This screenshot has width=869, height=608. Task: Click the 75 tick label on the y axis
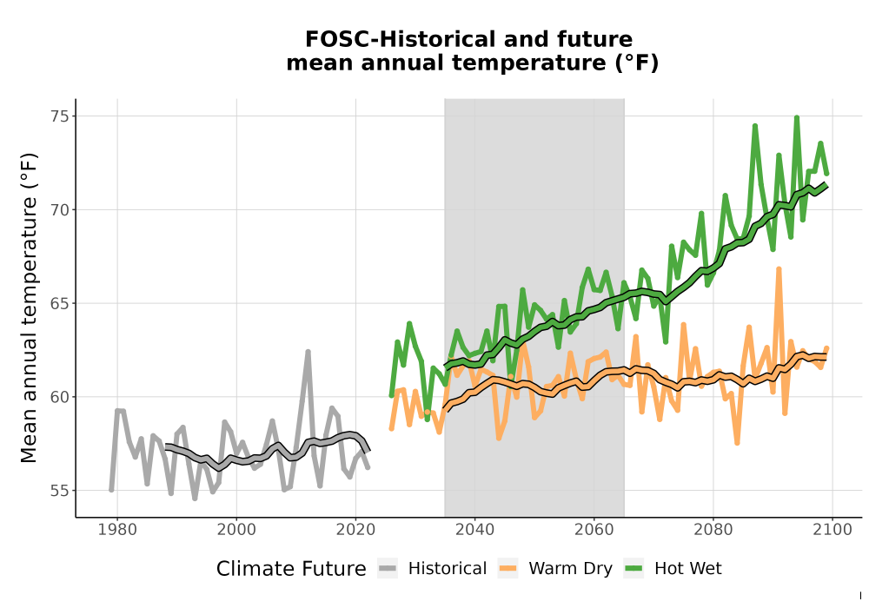[x=60, y=116]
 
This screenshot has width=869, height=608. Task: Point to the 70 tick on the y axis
[x=60, y=210]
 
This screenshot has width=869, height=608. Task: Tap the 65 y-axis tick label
[x=60, y=303]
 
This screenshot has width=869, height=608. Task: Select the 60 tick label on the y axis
[x=60, y=397]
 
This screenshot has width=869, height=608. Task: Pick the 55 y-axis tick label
[x=60, y=491]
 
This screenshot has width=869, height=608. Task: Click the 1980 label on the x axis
[x=117, y=530]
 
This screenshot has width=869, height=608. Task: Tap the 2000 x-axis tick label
[x=236, y=530]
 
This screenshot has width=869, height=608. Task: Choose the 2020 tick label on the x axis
[x=355, y=530]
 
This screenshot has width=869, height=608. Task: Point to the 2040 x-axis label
[x=475, y=530]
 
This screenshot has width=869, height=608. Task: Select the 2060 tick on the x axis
[x=594, y=530]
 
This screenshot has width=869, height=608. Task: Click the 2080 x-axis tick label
[x=713, y=530]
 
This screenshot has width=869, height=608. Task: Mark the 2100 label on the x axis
[x=833, y=530]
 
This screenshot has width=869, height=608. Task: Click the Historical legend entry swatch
[x=388, y=569]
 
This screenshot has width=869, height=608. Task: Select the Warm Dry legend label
[x=570, y=569]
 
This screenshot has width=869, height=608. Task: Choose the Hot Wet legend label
[x=687, y=569]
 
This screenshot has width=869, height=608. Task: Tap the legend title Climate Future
[x=291, y=569]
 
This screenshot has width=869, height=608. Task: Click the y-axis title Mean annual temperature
[x=29, y=307]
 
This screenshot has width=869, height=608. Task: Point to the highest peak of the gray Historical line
[x=308, y=351]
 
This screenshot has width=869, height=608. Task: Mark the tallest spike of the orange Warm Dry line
[x=779, y=269]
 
